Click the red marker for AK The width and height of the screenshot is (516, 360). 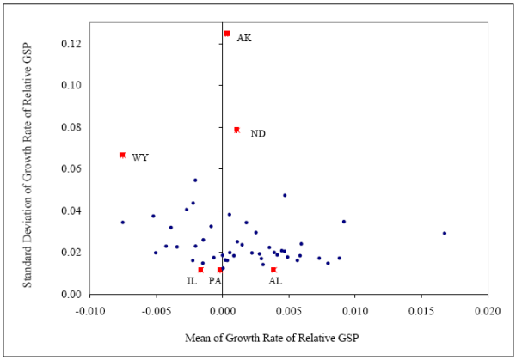pyautogui.click(x=227, y=34)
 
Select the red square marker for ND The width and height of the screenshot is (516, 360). pyautogui.click(x=236, y=130)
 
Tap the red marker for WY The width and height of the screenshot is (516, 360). pyautogui.click(x=122, y=155)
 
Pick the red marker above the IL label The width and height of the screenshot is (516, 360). pyautogui.click(x=200, y=270)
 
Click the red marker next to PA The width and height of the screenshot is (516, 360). pyautogui.click(x=220, y=270)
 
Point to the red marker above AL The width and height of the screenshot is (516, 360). pyautogui.click(x=273, y=270)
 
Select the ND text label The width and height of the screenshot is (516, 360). pyautogui.click(x=258, y=134)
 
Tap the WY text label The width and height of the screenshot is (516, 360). pyautogui.click(x=140, y=158)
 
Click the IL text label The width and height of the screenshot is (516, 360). pyautogui.click(x=192, y=281)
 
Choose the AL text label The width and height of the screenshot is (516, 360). pyautogui.click(x=274, y=281)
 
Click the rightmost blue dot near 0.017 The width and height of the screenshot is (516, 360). pyautogui.click(x=445, y=233)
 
